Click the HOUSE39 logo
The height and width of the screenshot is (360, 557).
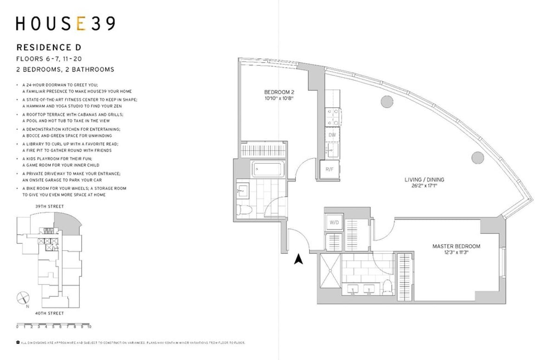pos(65,24)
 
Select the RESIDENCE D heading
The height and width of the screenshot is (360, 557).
pos(50,47)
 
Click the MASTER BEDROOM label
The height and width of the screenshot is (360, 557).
pos(456,246)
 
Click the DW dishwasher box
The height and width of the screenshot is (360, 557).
pos(332,135)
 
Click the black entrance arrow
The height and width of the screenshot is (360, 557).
pos(298,259)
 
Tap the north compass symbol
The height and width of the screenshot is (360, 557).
pos(21,298)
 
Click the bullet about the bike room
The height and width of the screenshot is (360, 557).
pos(72,192)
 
